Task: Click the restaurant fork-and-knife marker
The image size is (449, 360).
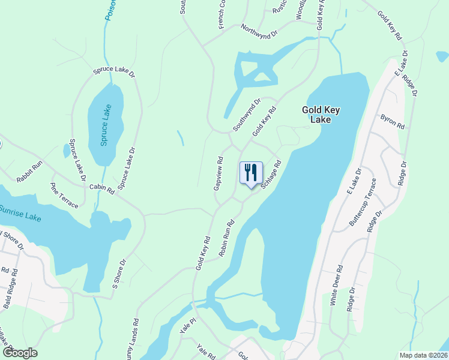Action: (251, 172)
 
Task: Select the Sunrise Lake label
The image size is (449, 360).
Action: (20, 212)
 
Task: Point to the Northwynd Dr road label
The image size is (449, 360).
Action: (260, 31)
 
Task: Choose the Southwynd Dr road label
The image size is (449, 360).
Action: (246, 115)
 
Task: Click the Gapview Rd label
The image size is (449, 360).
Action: (219, 174)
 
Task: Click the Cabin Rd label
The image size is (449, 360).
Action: (101, 188)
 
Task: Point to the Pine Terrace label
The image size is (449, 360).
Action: (64, 196)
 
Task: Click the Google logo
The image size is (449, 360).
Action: (20, 353)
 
